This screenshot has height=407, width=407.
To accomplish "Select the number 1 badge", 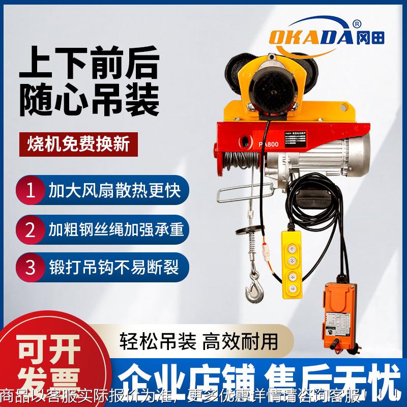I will [x=31, y=190].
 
